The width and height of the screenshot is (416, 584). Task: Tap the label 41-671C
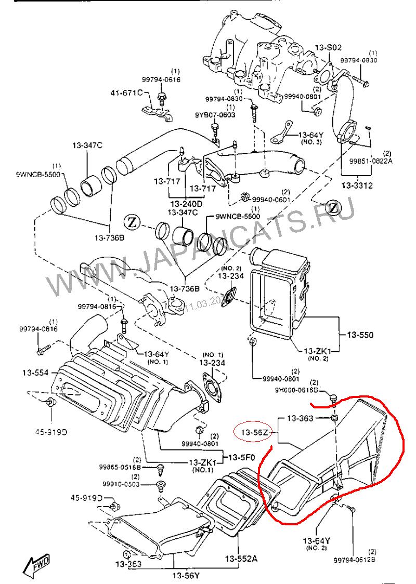pyautogui.click(x=125, y=93)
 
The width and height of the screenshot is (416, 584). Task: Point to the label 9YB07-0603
pyautogui.click(x=215, y=115)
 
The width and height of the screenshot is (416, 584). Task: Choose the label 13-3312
pyautogui.click(x=357, y=185)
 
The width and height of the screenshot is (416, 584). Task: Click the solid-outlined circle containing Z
pyautogui.click(x=133, y=222)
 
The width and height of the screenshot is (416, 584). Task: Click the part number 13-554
pyautogui.click(x=35, y=373)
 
